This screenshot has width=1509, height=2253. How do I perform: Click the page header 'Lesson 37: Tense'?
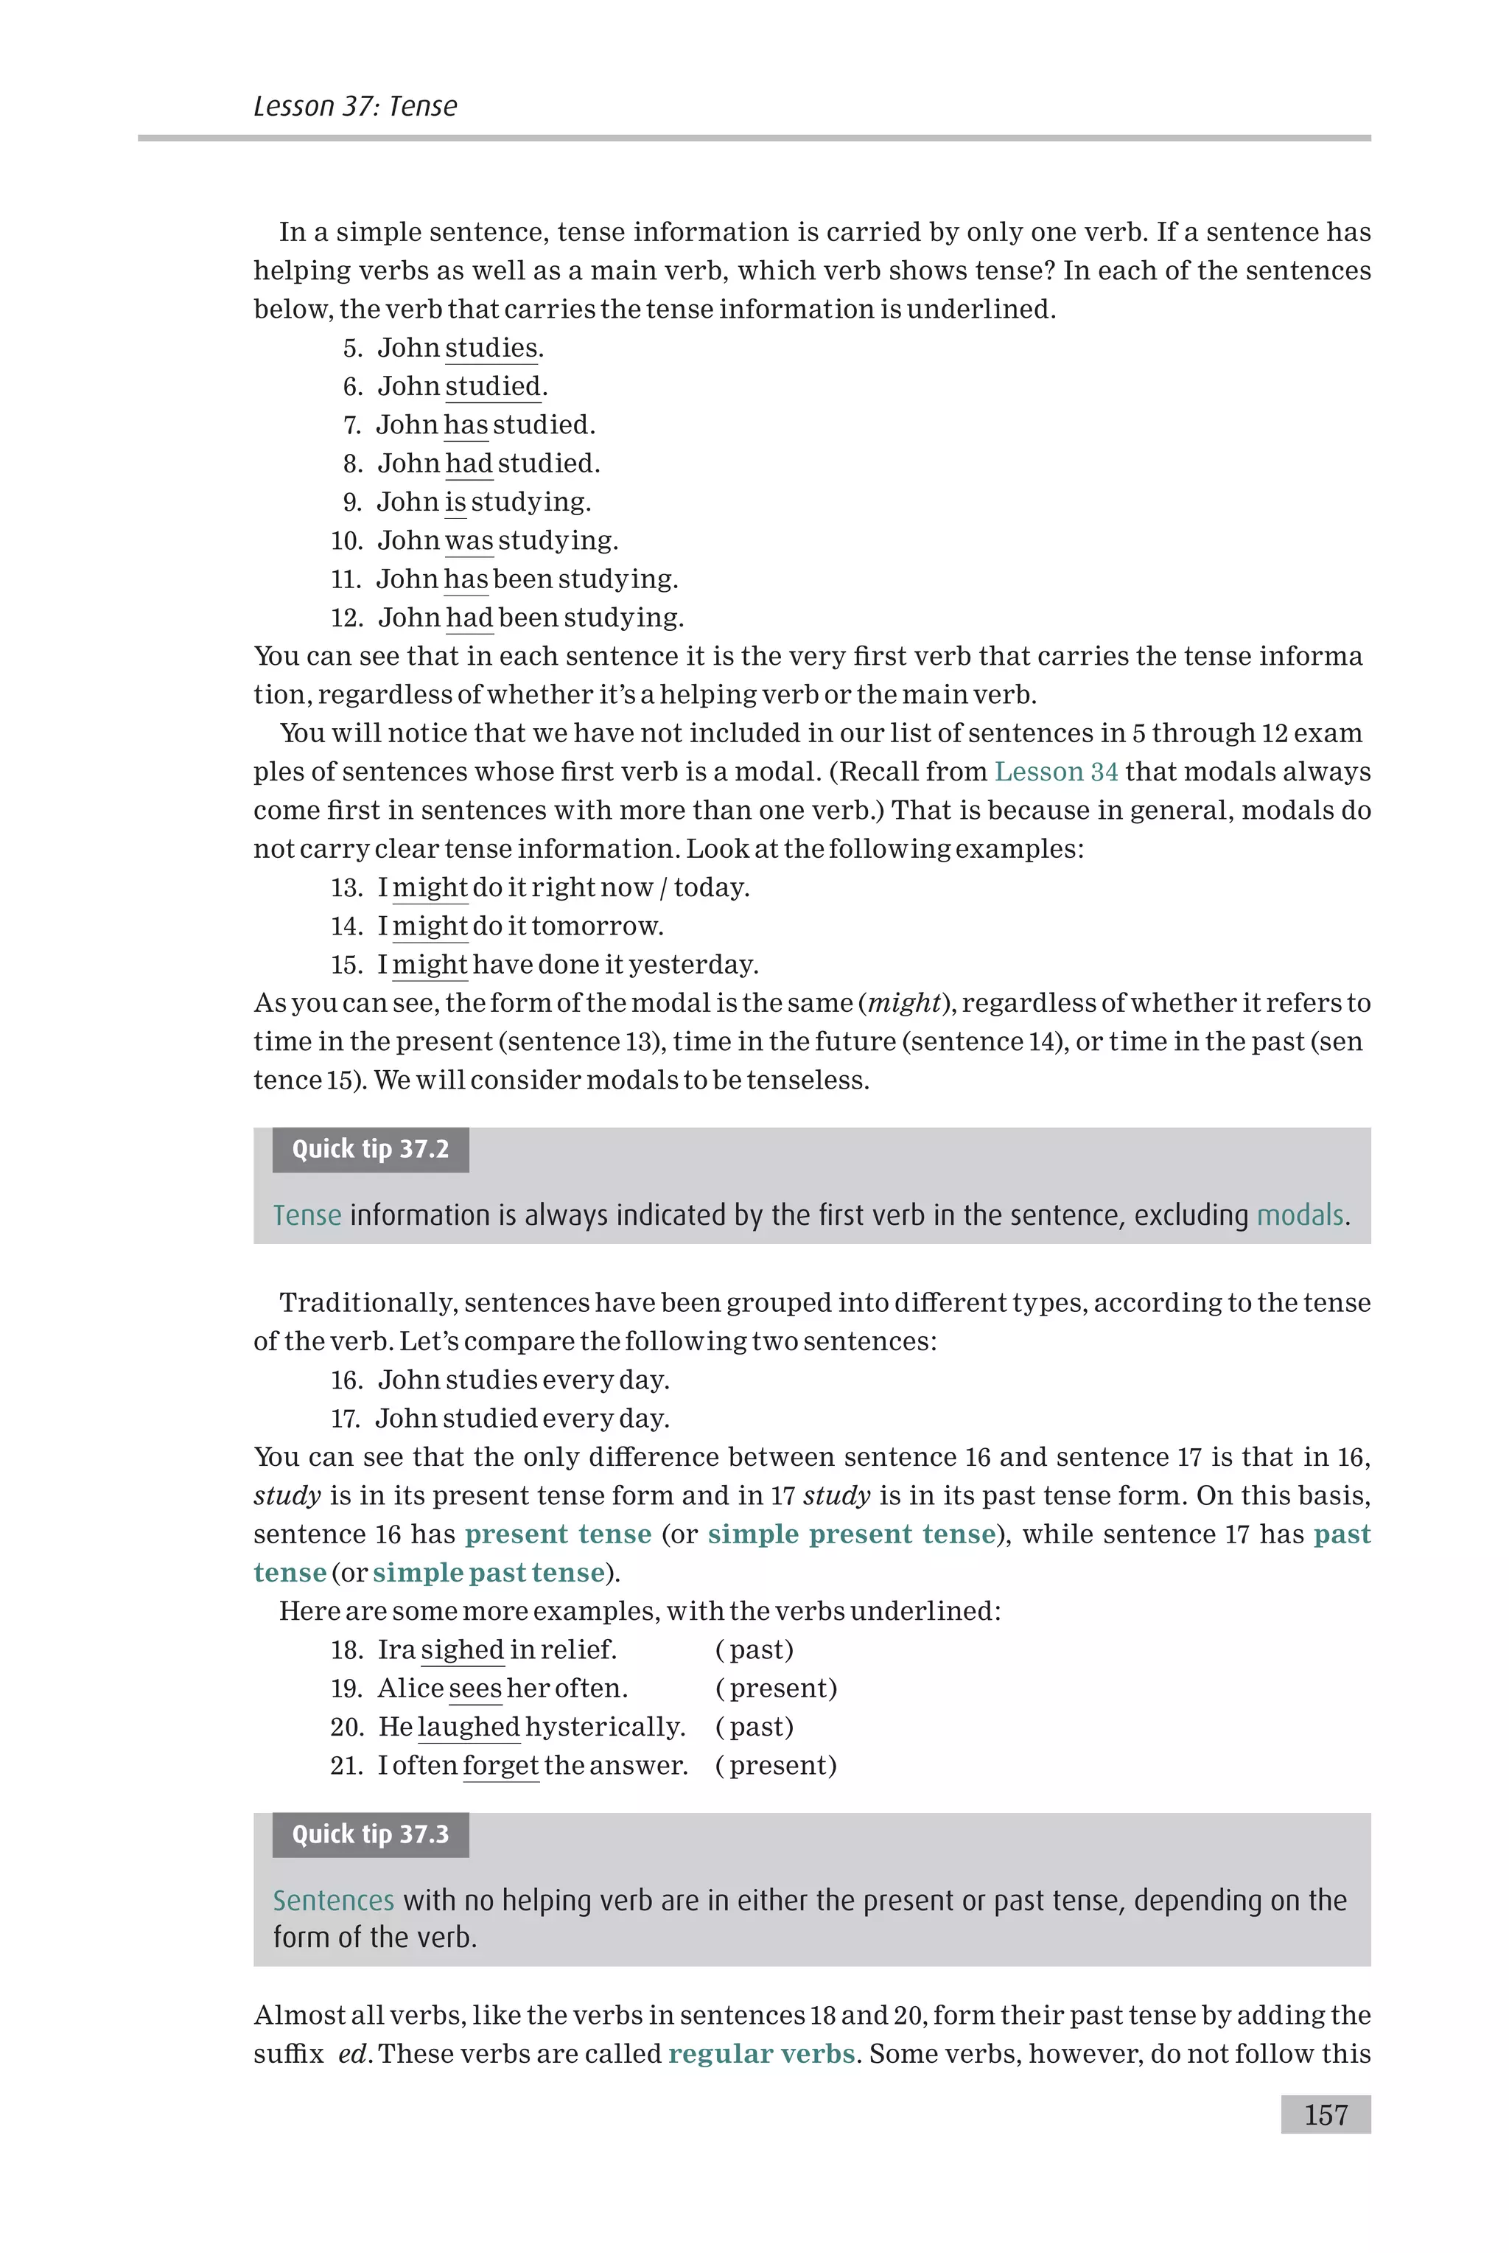355,106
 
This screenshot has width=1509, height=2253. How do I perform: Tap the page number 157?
1326,2114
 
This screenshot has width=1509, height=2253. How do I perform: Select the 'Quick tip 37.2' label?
371,1149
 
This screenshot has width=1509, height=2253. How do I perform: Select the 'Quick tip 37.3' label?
371,1834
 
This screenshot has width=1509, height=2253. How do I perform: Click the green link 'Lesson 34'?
1056,772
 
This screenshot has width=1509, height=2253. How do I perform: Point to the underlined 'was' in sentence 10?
469,541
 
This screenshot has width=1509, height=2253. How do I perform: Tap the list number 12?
346,618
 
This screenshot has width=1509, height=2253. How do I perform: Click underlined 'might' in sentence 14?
430,926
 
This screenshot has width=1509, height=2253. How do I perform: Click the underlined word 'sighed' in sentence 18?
462,1649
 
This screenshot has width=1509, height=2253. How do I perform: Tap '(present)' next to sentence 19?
777,1688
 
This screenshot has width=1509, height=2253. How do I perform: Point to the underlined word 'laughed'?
469,1727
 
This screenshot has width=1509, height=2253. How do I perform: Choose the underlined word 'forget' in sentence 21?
500,1765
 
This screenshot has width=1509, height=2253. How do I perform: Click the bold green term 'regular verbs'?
761,2054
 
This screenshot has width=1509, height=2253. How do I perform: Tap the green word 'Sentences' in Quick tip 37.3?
333,1901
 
